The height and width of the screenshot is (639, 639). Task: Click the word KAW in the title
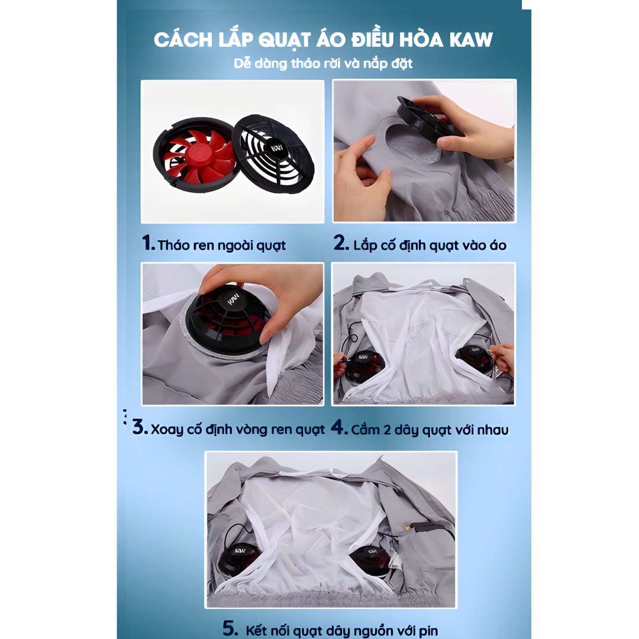coord(471,40)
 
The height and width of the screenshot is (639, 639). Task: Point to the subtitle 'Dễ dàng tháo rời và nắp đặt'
coord(323,63)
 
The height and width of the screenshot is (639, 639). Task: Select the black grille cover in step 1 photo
coord(273,154)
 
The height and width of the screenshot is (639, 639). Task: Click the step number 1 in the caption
coord(148,243)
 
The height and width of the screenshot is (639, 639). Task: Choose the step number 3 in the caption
coord(140,427)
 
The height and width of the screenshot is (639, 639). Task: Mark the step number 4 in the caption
coord(339,427)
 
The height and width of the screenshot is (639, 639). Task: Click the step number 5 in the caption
coord(231,628)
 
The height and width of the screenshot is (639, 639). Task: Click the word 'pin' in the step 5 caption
coord(428,631)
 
